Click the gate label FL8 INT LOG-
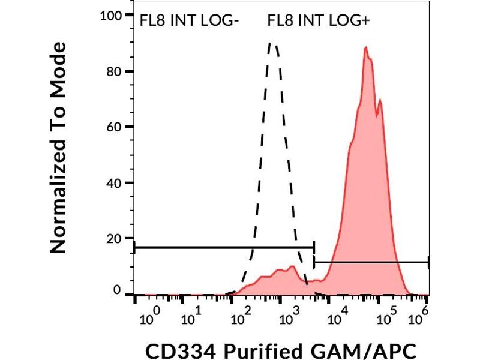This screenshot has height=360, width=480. click(189, 22)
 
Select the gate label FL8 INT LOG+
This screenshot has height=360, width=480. click(318, 22)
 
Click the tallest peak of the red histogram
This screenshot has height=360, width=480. click(366, 47)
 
